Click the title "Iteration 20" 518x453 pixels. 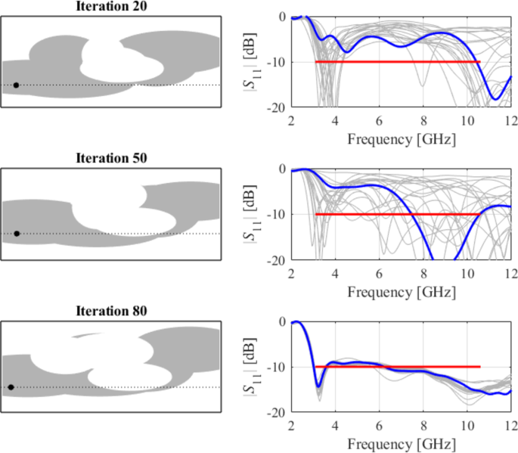point(111,6)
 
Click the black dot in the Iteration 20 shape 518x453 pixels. point(16,85)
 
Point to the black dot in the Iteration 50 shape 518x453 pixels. point(17,234)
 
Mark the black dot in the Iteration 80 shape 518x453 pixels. point(11,387)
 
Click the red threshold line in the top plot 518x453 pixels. point(397,62)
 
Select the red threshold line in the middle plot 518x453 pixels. point(397,215)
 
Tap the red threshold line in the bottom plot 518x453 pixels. point(397,367)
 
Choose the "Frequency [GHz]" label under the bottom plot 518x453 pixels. point(401,443)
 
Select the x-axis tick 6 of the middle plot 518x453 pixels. point(380,273)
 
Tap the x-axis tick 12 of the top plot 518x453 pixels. point(510,121)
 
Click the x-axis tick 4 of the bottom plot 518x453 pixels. point(336,426)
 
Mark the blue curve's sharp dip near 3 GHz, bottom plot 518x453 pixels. point(318,387)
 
